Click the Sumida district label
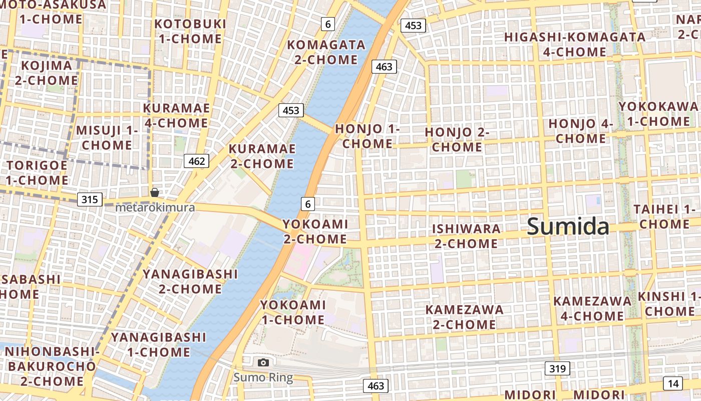[x=568, y=227]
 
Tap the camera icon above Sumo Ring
[x=263, y=362]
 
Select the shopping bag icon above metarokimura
[x=155, y=192]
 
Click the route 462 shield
[x=197, y=161]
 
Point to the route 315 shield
[x=90, y=199]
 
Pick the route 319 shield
[x=557, y=369]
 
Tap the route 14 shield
[x=673, y=383]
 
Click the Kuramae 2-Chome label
[x=262, y=156]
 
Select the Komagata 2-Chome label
[x=326, y=52]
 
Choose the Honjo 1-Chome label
[x=368, y=136]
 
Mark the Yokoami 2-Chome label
[x=315, y=231]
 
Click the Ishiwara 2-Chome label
[x=466, y=236]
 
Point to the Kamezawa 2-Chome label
[x=464, y=317]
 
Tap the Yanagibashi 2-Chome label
[x=190, y=281]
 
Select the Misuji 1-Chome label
[x=107, y=138]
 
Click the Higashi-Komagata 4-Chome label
[x=575, y=45]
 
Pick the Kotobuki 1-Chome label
[x=190, y=31]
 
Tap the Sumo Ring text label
[x=263, y=377]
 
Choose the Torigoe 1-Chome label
[x=37, y=172]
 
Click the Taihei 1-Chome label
[x=664, y=217]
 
